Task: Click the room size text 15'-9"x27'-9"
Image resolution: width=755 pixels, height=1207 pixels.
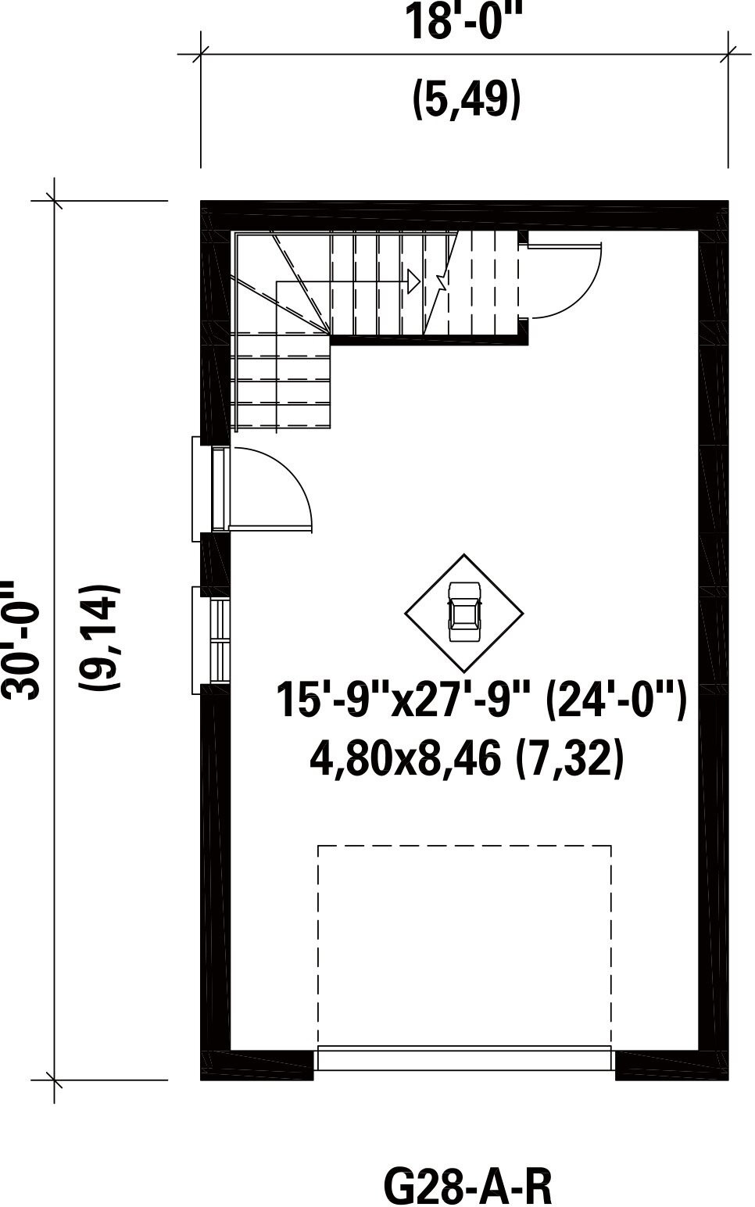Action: click(x=403, y=700)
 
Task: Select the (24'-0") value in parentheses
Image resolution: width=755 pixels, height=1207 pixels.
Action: click(x=616, y=700)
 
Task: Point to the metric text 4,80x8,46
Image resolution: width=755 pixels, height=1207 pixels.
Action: click(x=405, y=758)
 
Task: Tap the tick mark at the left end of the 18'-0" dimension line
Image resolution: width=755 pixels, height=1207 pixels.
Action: click(x=201, y=54)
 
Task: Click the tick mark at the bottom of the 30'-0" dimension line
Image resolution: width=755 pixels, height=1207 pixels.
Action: click(x=54, y=1080)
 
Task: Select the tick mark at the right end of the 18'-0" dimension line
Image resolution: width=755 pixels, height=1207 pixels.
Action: click(x=728, y=54)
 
